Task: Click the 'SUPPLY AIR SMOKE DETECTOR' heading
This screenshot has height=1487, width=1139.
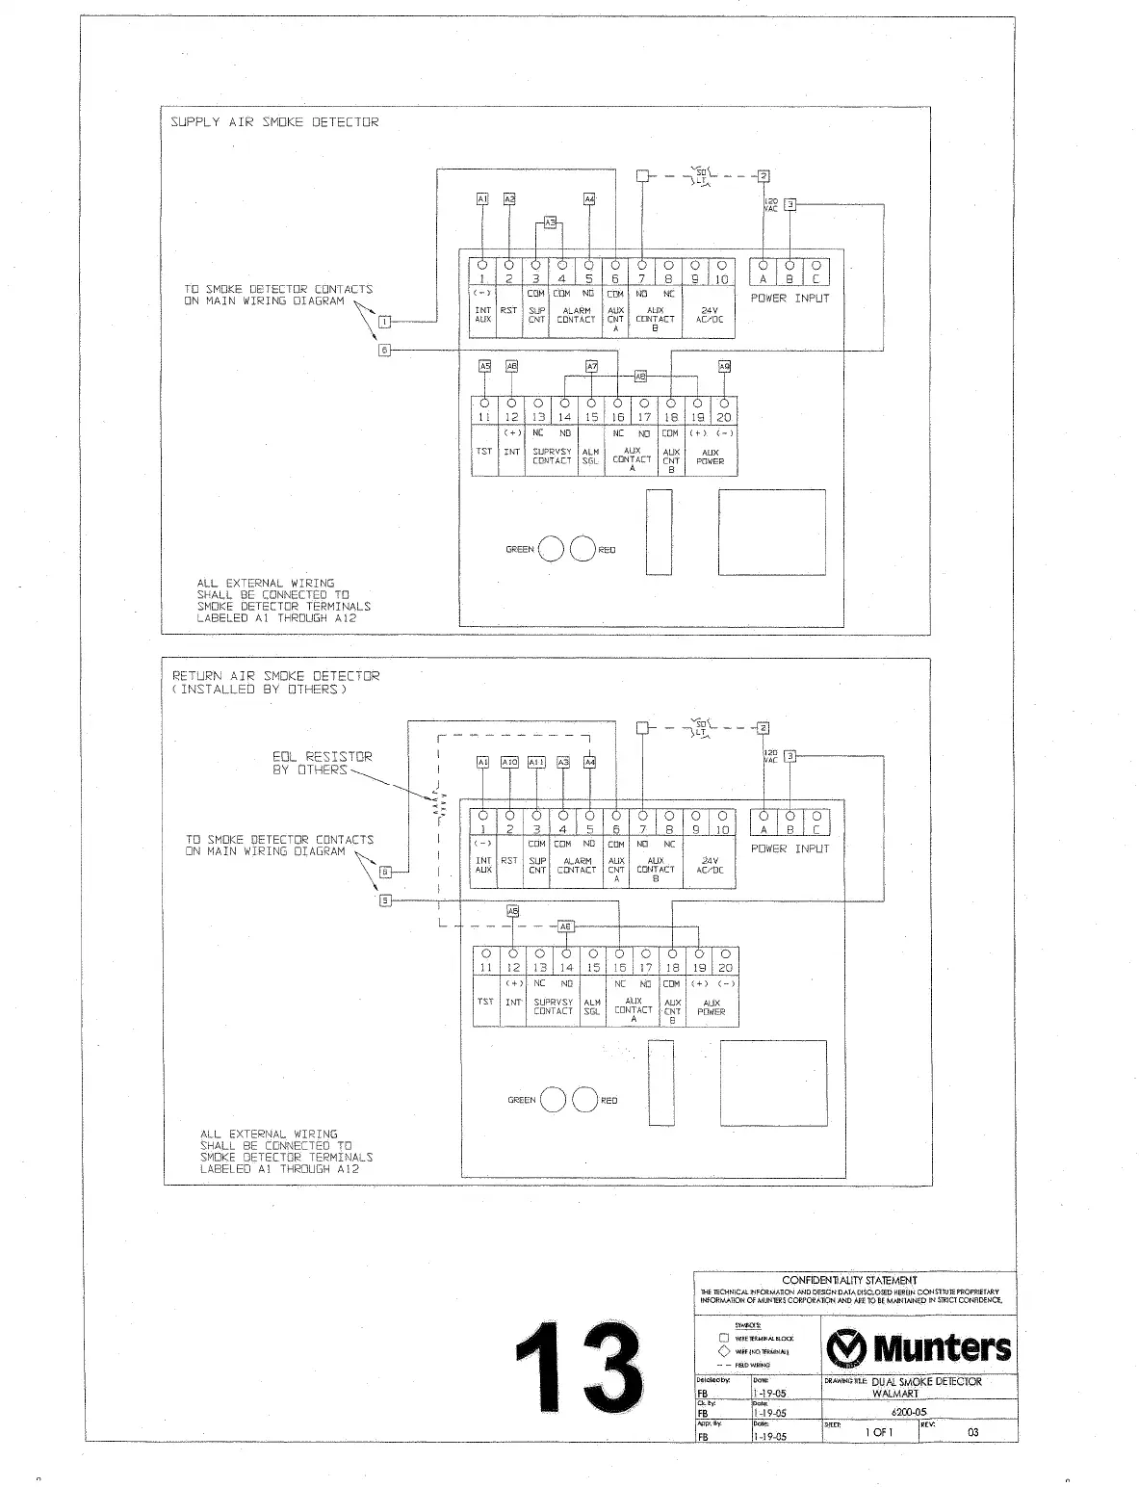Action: tap(274, 122)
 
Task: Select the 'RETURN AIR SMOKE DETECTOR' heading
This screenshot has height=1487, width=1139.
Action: tap(276, 676)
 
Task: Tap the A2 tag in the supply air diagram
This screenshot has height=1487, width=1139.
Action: tap(509, 198)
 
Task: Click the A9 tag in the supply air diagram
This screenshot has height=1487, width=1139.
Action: tap(724, 366)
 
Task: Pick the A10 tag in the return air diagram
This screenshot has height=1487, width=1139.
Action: tap(510, 762)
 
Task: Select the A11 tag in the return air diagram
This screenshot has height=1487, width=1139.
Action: tap(536, 762)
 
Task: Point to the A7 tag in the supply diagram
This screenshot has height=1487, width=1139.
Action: tap(592, 366)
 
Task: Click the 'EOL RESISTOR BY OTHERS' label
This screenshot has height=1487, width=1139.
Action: tap(322, 763)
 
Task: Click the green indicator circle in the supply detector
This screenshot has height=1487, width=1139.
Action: tap(551, 549)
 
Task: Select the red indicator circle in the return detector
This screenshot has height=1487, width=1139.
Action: tap(584, 1100)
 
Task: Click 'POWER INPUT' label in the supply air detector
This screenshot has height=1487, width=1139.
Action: tap(790, 298)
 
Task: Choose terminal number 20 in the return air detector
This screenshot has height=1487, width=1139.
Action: tap(726, 968)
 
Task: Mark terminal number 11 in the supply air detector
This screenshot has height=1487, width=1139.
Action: tap(484, 417)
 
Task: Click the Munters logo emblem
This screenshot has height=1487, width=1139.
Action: tap(845, 1347)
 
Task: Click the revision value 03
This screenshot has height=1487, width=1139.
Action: tap(972, 1432)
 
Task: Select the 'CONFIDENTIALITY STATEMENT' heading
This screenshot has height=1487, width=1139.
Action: tap(849, 1280)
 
